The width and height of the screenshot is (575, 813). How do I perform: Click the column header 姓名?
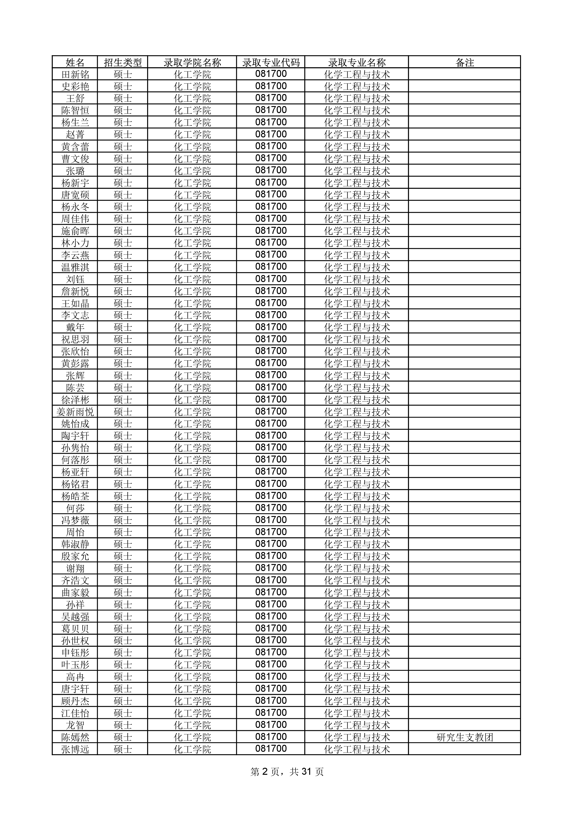click(75, 63)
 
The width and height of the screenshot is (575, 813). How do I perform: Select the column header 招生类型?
click(123, 63)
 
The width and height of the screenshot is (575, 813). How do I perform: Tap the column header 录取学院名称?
click(192, 63)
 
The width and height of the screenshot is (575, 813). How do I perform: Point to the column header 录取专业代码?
click(271, 63)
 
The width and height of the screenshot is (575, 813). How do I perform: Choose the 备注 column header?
click(464, 63)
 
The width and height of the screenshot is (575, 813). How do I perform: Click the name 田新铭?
click(75, 74)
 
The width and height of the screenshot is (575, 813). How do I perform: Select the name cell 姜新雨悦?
click(75, 412)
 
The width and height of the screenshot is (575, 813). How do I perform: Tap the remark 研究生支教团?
click(464, 738)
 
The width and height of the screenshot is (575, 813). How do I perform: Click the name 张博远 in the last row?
click(75, 750)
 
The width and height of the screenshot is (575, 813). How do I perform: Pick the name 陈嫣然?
click(75, 738)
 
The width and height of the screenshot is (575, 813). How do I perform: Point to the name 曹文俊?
click(75, 159)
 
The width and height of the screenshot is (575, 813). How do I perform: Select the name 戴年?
click(75, 327)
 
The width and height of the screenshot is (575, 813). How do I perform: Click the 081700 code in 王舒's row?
click(271, 98)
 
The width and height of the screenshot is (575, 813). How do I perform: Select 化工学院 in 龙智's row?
click(192, 726)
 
